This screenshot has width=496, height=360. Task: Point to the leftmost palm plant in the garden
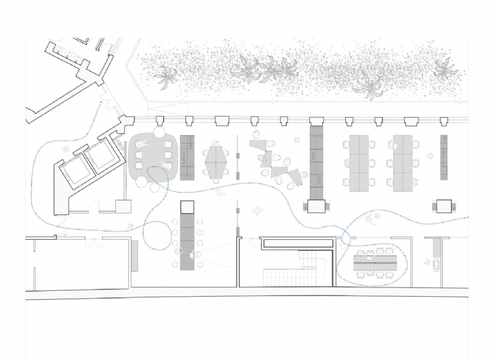click(x=165, y=77)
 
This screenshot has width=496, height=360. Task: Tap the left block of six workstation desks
click(x=360, y=162)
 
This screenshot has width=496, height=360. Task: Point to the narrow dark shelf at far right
click(x=444, y=157)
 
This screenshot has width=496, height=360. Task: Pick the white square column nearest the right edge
click(x=445, y=206)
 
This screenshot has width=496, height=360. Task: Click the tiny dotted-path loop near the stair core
click(x=346, y=239)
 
